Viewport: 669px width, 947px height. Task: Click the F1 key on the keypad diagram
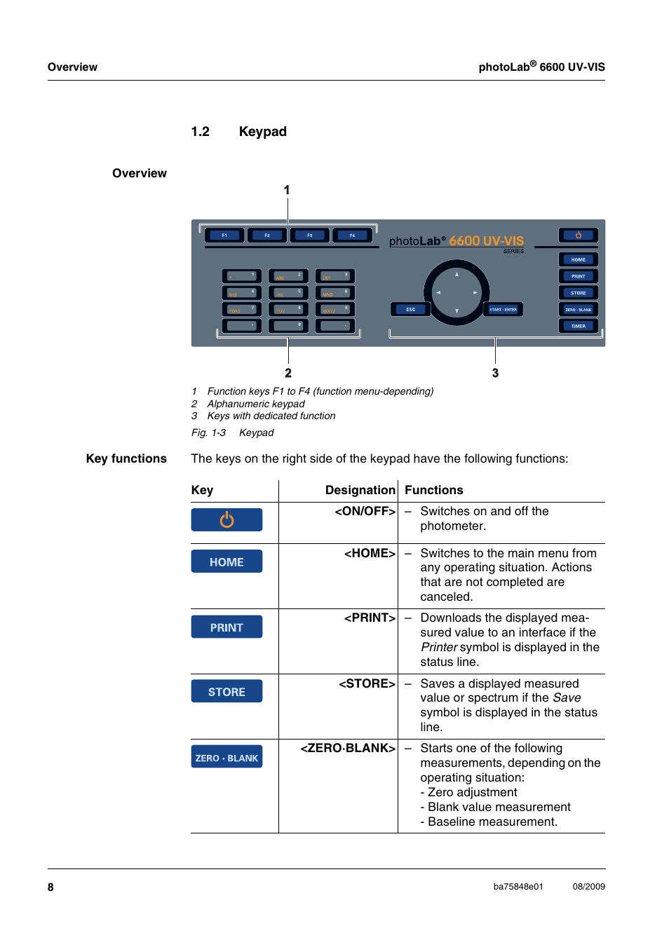(x=224, y=236)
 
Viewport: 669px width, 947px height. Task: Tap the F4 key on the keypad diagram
(x=352, y=236)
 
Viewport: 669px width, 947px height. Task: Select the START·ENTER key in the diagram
(x=503, y=309)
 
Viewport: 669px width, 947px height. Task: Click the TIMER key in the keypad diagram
(x=578, y=326)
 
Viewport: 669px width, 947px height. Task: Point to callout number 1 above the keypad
(x=287, y=190)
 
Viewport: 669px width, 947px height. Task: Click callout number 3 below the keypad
(x=495, y=373)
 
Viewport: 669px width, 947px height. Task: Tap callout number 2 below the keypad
(x=288, y=373)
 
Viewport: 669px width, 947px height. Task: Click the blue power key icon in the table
(x=227, y=519)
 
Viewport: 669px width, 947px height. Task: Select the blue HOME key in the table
(x=227, y=561)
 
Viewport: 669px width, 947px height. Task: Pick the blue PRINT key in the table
(x=227, y=627)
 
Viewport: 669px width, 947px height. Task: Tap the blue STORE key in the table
(x=227, y=692)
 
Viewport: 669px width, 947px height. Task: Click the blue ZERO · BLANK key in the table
(x=227, y=758)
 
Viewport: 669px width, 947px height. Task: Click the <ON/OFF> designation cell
(x=365, y=511)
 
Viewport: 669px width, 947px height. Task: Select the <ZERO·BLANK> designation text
(x=348, y=748)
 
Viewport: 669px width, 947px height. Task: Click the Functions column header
(x=433, y=490)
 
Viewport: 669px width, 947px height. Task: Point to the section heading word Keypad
(x=262, y=132)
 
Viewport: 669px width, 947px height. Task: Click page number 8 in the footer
(x=50, y=887)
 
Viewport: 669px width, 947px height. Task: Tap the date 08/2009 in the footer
(x=588, y=887)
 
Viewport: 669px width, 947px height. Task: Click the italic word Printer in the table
(x=439, y=647)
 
